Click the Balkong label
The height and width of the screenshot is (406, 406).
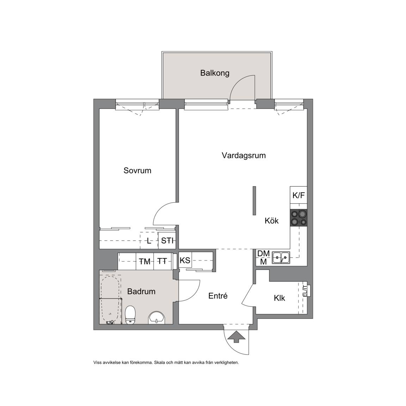click(215, 73)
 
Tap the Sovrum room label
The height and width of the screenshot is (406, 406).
click(137, 170)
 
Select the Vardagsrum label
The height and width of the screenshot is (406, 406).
click(244, 156)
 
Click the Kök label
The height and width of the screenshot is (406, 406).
click(272, 221)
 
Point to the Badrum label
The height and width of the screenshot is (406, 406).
click(141, 291)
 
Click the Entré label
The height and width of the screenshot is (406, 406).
click(218, 296)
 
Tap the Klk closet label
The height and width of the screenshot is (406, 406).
click(279, 298)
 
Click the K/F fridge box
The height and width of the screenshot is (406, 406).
click(299, 195)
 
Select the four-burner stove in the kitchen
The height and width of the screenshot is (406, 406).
click(299, 218)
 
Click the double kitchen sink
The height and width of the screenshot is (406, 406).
click(281, 258)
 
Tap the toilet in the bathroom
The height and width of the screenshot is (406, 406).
click(130, 315)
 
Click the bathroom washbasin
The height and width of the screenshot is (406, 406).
click(156, 318)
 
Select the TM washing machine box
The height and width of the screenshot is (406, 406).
click(144, 262)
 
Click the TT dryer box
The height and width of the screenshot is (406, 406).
click(162, 262)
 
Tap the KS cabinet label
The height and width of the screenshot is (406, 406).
click(185, 260)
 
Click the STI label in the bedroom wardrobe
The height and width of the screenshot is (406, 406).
click(167, 241)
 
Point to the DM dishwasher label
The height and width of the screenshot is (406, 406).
click(263, 253)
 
